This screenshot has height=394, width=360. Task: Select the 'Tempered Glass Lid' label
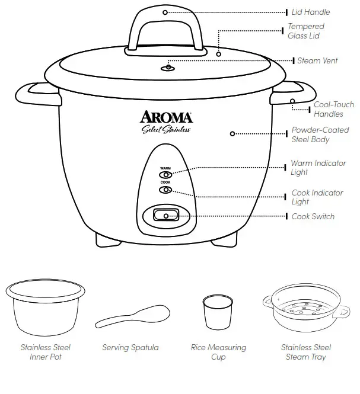coord(306,31)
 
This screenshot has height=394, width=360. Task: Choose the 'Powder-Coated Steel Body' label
coord(320,134)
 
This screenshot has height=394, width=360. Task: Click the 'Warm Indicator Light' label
coord(318,168)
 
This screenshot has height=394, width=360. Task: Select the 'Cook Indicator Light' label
coord(317,197)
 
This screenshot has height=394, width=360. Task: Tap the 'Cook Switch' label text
coord(313,217)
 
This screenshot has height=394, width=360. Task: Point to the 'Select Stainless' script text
coord(165,130)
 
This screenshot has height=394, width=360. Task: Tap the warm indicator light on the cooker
coord(165,175)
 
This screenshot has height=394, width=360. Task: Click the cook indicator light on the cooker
coord(165,190)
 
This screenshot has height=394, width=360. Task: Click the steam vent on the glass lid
coord(168,68)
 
